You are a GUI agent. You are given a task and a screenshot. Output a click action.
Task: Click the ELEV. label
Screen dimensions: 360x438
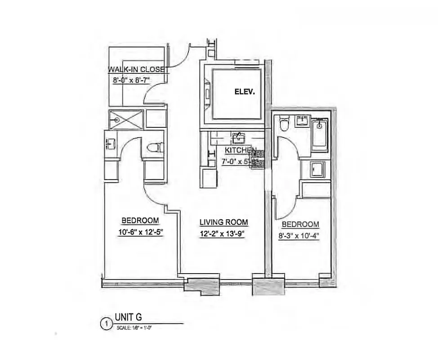245,92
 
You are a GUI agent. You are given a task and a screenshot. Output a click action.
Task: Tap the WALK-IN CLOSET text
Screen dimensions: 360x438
138,70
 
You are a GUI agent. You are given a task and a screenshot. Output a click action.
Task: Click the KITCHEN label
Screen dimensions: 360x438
240,151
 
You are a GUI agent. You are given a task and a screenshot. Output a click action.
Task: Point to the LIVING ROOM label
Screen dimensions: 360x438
224,222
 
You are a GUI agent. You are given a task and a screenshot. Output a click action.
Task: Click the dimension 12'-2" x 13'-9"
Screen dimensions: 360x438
224,234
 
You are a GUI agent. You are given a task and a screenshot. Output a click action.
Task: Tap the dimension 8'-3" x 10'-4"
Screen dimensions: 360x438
300,236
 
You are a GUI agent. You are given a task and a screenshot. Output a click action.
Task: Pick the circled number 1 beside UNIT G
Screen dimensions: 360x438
107,323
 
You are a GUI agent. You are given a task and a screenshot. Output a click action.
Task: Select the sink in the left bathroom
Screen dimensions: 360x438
111,144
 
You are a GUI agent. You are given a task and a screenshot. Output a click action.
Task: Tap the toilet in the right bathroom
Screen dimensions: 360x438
284,123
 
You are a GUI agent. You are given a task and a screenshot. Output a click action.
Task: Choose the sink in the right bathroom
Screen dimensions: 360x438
301,121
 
